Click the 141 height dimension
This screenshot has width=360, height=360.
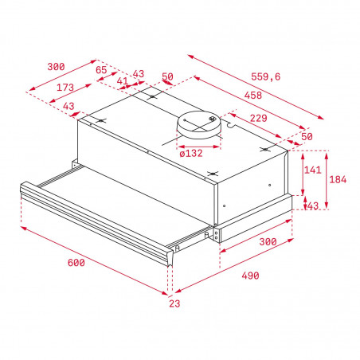tap(313, 170)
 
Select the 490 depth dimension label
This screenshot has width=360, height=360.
tap(249, 276)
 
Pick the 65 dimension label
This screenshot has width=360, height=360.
tap(101, 71)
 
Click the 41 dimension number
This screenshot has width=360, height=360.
tap(123, 80)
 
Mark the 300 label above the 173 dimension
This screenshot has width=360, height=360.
tap(57, 67)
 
